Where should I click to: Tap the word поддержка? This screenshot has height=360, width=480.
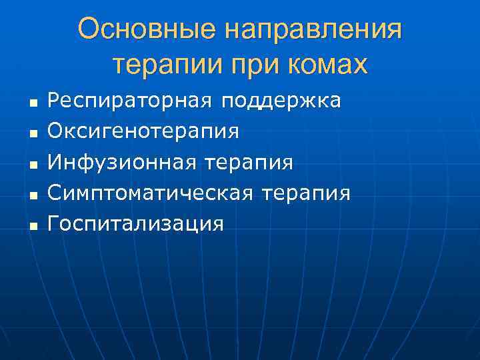coord(281,101)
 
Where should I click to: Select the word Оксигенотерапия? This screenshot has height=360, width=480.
coord(143,131)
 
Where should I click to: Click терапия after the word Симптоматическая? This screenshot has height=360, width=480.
coord(306,193)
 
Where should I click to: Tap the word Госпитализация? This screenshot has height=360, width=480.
coord(136,223)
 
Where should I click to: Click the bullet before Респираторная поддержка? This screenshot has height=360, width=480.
coord(31,103)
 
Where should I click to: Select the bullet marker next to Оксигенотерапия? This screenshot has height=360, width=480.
coord(31,134)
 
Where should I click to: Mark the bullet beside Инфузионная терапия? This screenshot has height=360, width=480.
coord(31,165)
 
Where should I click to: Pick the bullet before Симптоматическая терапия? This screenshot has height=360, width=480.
coord(31,195)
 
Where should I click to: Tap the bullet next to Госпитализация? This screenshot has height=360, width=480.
coord(31,226)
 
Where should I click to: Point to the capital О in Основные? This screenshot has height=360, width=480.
coord(89,30)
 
